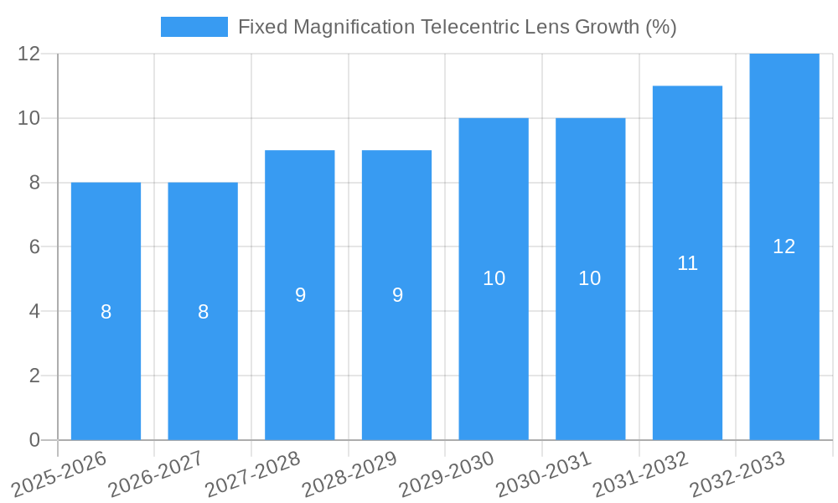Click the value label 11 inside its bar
687,263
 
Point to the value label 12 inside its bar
784,246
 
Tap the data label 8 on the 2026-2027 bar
203,312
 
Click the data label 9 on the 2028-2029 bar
397,295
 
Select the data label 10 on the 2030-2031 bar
590,278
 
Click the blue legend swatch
194,27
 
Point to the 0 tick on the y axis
34,440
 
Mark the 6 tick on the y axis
34,247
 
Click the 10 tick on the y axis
29,118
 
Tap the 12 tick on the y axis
29,54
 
